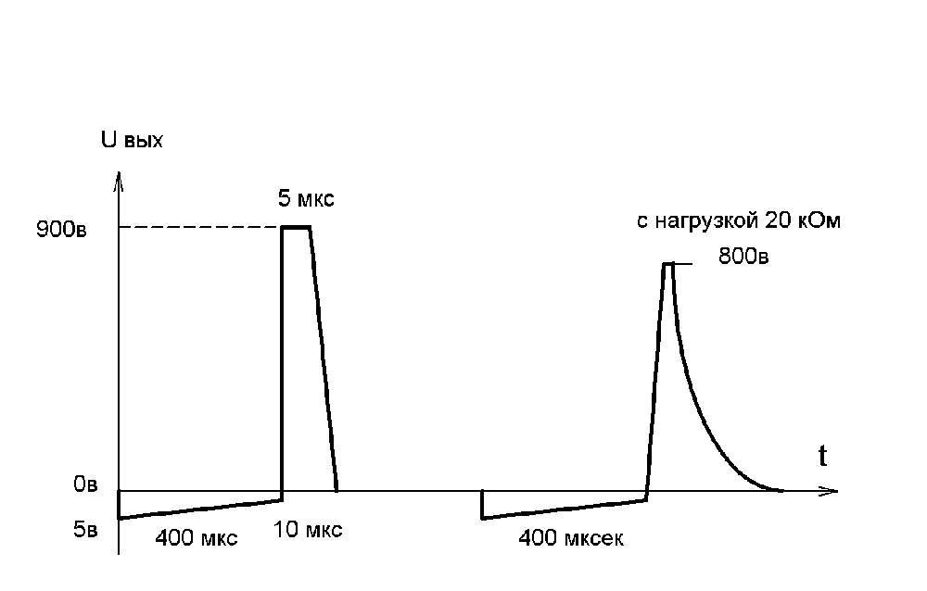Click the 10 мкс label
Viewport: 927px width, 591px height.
tap(308, 530)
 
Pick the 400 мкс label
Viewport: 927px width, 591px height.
tap(197, 538)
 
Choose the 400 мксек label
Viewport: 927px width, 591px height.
tap(571, 538)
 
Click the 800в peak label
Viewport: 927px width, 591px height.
tap(743, 257)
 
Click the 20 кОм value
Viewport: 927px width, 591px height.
tap(803, 222)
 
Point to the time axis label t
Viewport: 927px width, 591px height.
tap(822, 455)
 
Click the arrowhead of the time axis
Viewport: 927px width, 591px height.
tap(831, 490)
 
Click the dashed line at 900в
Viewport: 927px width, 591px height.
tap(199, 228)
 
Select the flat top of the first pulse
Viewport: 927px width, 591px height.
tap(296, 227)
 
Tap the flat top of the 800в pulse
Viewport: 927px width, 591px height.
tap(667, 264)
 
